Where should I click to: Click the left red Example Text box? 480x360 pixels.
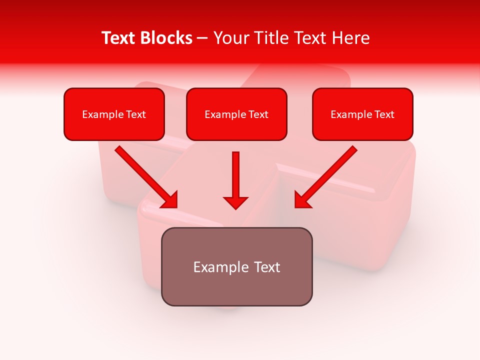tap(114, 114)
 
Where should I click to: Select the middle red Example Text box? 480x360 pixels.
tap(236, 114)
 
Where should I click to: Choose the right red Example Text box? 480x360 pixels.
tap(362, 114)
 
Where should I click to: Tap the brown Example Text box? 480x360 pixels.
tap(236, 266)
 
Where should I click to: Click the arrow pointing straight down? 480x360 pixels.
tap(235, 177)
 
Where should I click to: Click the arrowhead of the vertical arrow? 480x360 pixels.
tap(235, 202)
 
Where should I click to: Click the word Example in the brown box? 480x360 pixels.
tap(221, 267)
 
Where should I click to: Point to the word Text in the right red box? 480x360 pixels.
tap(384, 114)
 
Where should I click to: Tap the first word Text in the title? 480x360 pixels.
tap(119, 38)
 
